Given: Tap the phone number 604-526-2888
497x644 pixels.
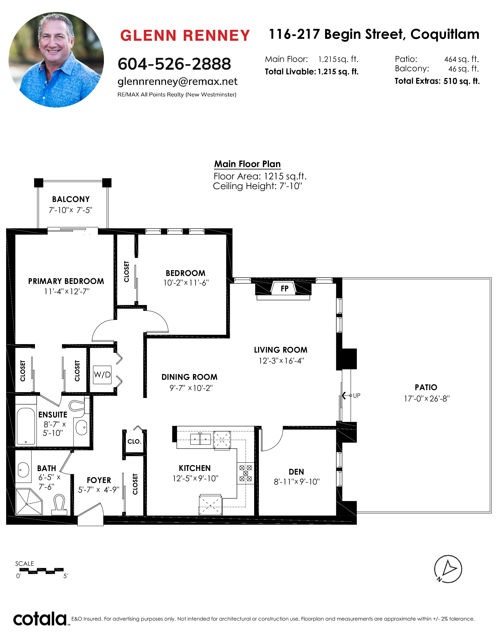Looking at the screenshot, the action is click(174, 64).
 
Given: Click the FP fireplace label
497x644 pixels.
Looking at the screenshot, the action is click(284, 288).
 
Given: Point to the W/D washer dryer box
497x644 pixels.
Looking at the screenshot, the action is click(102, 375).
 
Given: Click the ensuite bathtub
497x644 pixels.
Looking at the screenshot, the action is click(26, 426).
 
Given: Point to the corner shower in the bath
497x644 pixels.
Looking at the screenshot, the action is click(29, 502).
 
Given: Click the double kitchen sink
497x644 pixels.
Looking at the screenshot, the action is click(200, 439).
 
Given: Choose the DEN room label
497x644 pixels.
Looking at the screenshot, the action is click(296, 472).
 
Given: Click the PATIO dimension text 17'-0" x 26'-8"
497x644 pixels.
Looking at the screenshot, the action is click(427, 399).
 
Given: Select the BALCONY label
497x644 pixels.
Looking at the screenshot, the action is click(71, 199).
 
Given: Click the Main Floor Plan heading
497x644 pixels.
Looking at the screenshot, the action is click(247, 164).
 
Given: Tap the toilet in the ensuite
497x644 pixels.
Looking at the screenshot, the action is click(79, 406).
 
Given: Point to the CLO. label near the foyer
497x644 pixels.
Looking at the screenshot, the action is click(134, 441).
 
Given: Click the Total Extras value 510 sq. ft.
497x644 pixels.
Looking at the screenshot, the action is click(461, 81).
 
